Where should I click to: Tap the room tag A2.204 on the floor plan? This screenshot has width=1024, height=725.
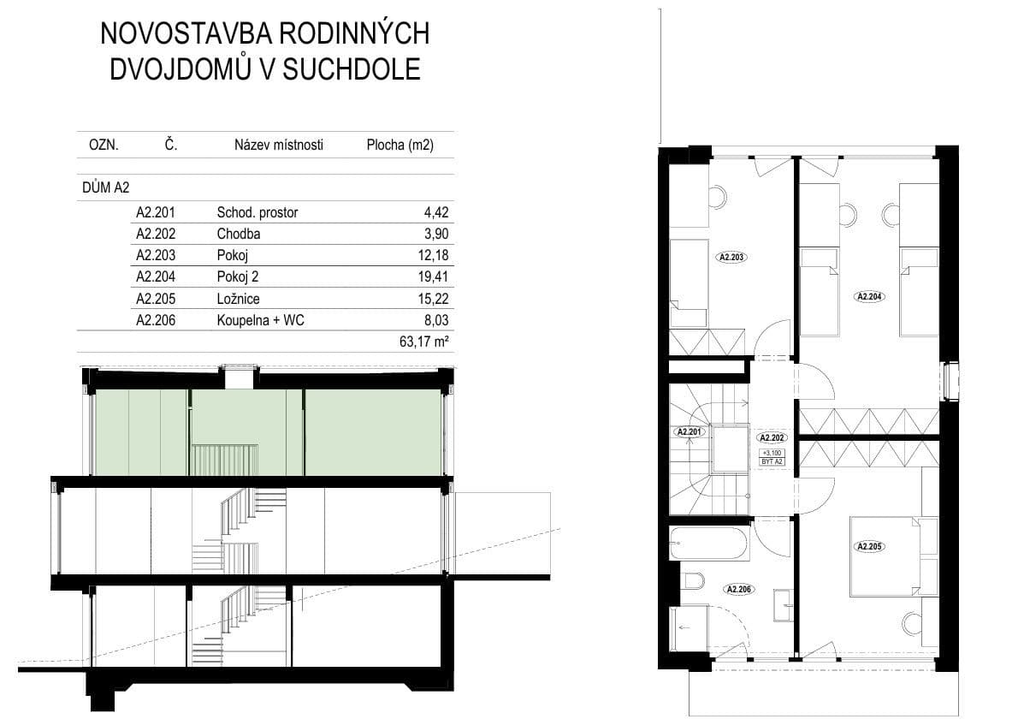pos(868,297)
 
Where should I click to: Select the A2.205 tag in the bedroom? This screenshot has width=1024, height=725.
pos(868,546)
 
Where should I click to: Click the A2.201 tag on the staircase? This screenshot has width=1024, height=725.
pos(689,432)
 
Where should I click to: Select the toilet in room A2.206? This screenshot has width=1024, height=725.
pos(693,582)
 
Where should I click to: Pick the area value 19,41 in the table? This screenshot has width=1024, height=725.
pos(435,276)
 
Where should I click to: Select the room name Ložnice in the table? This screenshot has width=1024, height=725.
pos(238,299)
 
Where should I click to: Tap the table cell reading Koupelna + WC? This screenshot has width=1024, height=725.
pos(260,320)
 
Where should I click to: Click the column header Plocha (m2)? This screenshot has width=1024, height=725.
pos(400,145)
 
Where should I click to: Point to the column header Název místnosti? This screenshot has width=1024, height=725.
pos(279,145)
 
